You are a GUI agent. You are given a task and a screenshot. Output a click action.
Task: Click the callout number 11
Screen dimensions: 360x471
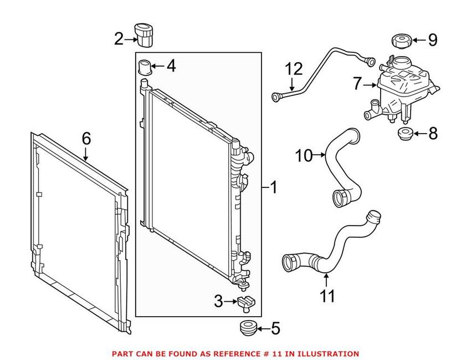(x=327, y=296)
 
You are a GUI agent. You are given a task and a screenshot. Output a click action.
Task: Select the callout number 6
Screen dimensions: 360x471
(x=86, y=139)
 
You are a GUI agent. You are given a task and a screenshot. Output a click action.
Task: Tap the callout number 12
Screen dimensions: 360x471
(x=294, y=70)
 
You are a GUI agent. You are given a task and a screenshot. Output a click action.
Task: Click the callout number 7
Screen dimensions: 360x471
(x=358, y=84)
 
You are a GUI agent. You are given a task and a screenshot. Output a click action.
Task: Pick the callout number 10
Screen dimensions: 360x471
(x=304, y=156)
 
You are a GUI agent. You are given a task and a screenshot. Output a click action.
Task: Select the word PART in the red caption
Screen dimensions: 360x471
(x=122, y=353)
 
